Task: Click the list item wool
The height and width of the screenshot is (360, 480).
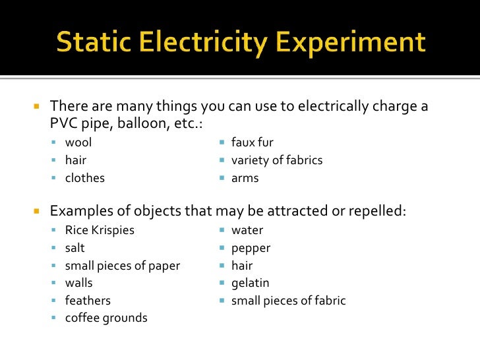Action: click(78, 142)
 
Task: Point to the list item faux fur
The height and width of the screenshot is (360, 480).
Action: click(252, 142)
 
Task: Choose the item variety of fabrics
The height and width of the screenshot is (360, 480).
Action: click(276, 160)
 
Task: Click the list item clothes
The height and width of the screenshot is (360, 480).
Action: click(84, 177)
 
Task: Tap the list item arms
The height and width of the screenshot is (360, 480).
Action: click(245, 177)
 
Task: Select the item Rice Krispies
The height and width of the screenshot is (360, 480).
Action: click(100, 230)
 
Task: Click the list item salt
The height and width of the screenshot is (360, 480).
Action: click(75, 248)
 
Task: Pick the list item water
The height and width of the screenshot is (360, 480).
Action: click(247, 230)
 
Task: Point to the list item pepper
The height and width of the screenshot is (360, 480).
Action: click(251, 249)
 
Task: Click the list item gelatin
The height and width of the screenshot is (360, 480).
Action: click(250, 283)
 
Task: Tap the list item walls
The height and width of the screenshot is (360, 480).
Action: click(78, 283)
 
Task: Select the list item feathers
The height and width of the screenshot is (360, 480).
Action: click(88, 301)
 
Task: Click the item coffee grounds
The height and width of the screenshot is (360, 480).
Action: click(105, 318)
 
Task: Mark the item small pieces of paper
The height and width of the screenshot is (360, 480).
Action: click(122, 266)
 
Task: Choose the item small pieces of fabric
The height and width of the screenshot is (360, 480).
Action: click(288, 301)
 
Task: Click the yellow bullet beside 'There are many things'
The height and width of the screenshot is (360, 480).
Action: click(37, 106)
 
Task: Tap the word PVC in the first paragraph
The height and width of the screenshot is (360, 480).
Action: click(64, 123)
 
